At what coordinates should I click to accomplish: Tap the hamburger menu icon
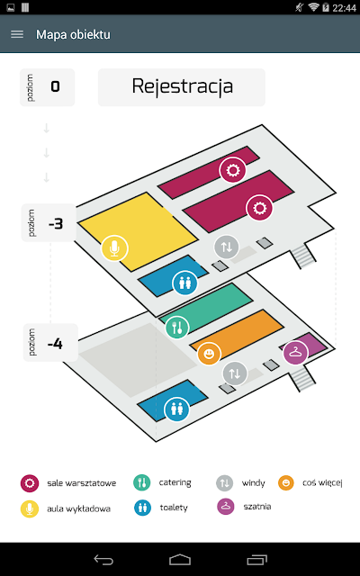point(17,34)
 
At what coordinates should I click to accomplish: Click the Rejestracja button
point(182,87)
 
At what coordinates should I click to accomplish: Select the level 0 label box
point(47,87)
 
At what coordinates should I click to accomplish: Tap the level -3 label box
point(49,222)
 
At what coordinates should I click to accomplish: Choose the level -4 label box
point(50,343)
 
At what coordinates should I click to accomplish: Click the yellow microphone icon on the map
point(114,248)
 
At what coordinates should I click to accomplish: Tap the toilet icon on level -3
point(184,283)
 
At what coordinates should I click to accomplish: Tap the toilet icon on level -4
point(176,409)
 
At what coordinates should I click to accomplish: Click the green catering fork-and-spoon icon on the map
point(177,328)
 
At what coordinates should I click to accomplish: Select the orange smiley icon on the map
point(209,355)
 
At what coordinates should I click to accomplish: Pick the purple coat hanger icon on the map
point(295,353)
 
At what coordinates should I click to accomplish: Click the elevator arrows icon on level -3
point(227,247)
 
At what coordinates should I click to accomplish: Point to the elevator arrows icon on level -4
point(235,373)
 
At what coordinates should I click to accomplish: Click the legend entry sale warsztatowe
point(68,483)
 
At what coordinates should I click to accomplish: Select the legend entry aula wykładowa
point(66,508)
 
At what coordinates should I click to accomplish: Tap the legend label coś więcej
point(322,482)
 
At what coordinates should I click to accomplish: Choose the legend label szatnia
point(257,507)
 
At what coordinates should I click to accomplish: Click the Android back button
point(103,560)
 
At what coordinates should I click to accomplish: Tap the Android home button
point(180,560)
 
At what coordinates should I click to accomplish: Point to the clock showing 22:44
point(344,8)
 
